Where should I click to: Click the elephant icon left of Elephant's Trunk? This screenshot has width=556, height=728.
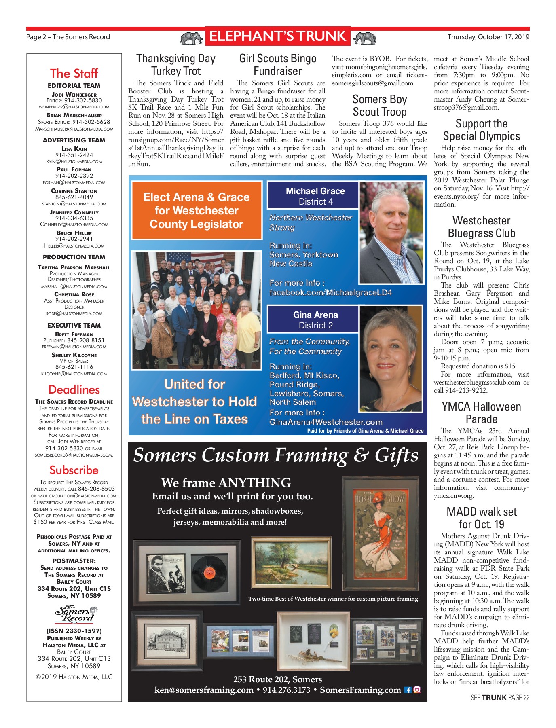point(192,38)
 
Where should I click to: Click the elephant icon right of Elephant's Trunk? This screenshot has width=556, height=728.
point(364,38)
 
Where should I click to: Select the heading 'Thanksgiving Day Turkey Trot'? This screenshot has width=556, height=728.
point(176,65)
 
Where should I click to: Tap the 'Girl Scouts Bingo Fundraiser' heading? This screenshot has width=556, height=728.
point(278,65)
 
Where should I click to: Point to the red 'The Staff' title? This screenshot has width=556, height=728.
point(74,74)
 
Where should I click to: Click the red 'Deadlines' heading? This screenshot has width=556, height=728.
point(74,389)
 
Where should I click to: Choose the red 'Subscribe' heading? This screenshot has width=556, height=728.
point(74,470)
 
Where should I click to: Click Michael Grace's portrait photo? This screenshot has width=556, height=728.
point(391,232)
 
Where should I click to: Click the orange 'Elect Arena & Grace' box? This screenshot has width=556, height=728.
point(197,210)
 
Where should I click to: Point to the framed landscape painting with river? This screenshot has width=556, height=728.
point(291,563)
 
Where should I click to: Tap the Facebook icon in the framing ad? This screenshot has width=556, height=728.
point(408,690)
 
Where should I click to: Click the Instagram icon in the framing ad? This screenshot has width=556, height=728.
point(417,690)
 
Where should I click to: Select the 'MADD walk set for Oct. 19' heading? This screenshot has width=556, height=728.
point(482,518)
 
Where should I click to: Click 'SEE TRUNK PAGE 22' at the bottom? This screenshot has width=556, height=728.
point(500,698)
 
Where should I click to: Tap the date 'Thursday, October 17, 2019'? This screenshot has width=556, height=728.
point(488,37)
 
